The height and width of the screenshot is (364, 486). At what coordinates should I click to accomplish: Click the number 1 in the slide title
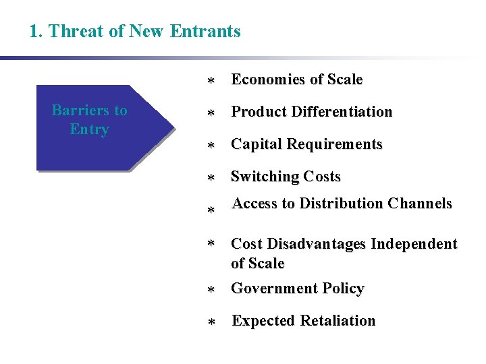(34, 31)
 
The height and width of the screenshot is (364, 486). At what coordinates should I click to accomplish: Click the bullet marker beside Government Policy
(211, 291)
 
